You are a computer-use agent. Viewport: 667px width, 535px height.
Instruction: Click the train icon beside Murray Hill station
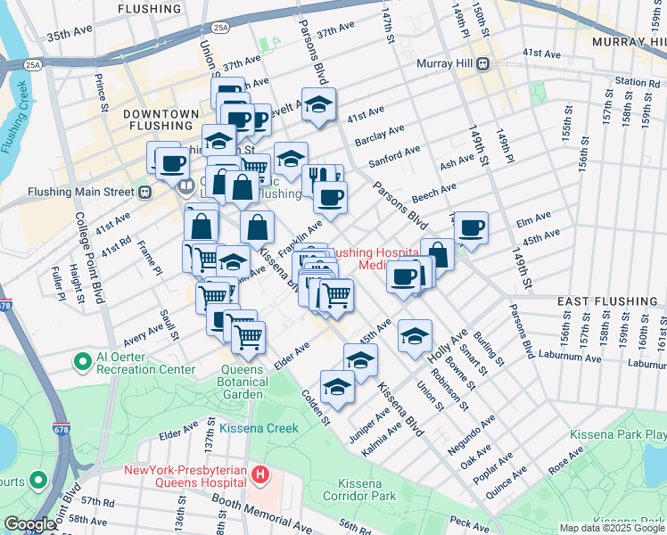click(x=482, y=63)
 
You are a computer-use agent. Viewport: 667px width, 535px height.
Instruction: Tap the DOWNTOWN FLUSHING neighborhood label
click(x=161, y=119)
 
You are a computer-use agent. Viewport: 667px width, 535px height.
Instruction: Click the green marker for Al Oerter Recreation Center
click(x=83, y=361)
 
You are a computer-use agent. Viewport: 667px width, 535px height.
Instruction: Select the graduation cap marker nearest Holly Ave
click(x=415, y=336)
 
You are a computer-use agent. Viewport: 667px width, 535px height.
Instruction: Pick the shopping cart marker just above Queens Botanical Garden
click(x=248, y=336)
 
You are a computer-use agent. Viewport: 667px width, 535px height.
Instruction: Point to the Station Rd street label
click(x=637, y=83)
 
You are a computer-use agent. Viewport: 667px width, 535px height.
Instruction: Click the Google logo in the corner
click(x=29, y=524)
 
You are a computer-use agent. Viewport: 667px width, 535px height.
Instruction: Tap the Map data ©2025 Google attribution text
click(x=610, y=528)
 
